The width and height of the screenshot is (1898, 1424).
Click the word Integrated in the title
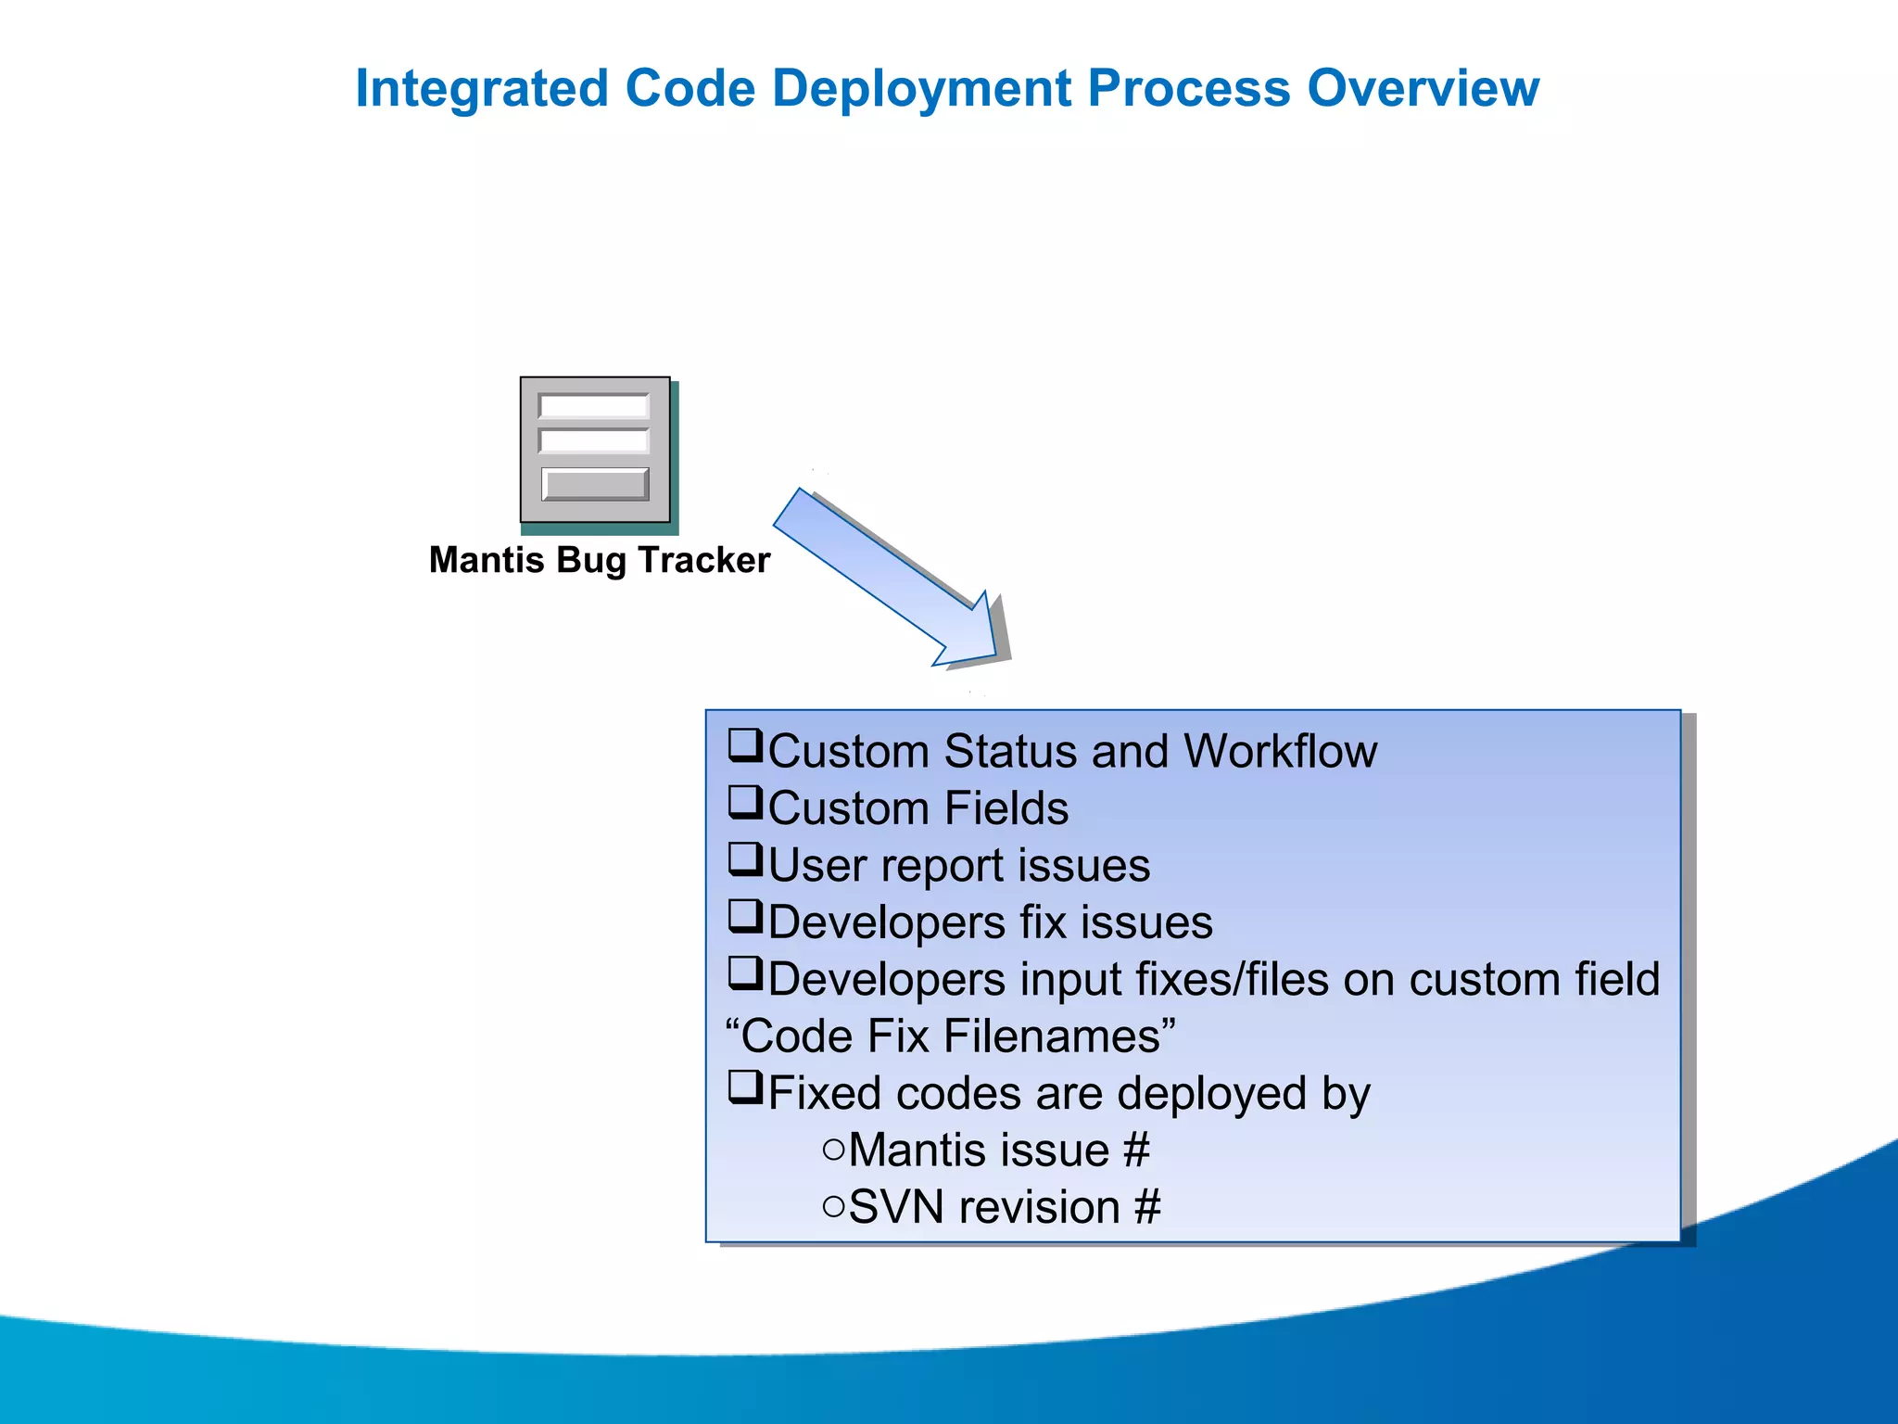[481, 90]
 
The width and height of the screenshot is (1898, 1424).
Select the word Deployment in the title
[922, 90]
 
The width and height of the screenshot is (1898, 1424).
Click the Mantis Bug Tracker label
[599, 561]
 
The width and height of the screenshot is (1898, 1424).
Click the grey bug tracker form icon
[595, 451]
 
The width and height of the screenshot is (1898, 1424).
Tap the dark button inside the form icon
[595, 484]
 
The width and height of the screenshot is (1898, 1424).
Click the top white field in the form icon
[594, 407]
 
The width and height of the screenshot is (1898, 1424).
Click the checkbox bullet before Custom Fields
[744, 802]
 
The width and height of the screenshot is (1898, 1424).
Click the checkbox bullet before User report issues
[744, 859]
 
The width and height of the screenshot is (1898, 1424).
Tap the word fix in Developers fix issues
[1042, 922]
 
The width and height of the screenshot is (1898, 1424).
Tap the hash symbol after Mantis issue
[1136, 1151]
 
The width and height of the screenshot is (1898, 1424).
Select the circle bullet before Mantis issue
[833, 1151]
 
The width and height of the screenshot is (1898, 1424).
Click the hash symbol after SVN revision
[1147, 1208]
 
